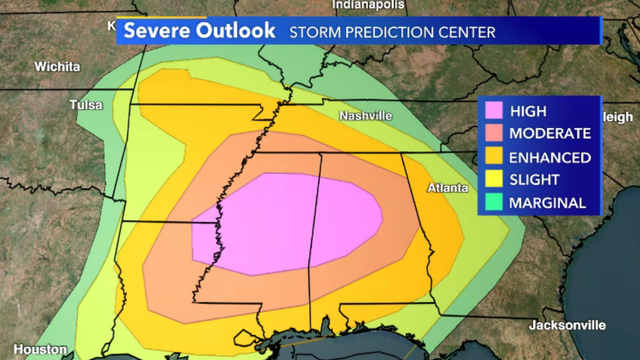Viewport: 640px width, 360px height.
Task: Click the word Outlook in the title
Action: (236, 31)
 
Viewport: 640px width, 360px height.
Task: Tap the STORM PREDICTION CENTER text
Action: (391, 32)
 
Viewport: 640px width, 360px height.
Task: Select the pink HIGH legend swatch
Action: (493, 110)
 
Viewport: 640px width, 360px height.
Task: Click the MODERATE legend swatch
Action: (493, 133)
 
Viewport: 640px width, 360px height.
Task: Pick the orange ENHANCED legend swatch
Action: (493, 157)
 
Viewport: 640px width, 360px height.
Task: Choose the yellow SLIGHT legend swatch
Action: (493, 180)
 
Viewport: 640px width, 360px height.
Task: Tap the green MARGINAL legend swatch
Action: (493, 203)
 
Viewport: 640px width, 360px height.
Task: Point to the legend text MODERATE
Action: (551, 133)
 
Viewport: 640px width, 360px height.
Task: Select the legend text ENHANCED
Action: (550, 157)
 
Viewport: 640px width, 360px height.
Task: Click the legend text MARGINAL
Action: (548, 203)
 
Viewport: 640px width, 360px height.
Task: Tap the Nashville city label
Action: (365, 116)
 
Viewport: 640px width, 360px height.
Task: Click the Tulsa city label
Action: (86, 105)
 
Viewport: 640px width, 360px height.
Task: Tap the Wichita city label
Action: (56, 67)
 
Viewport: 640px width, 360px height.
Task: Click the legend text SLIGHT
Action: (536, 180)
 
